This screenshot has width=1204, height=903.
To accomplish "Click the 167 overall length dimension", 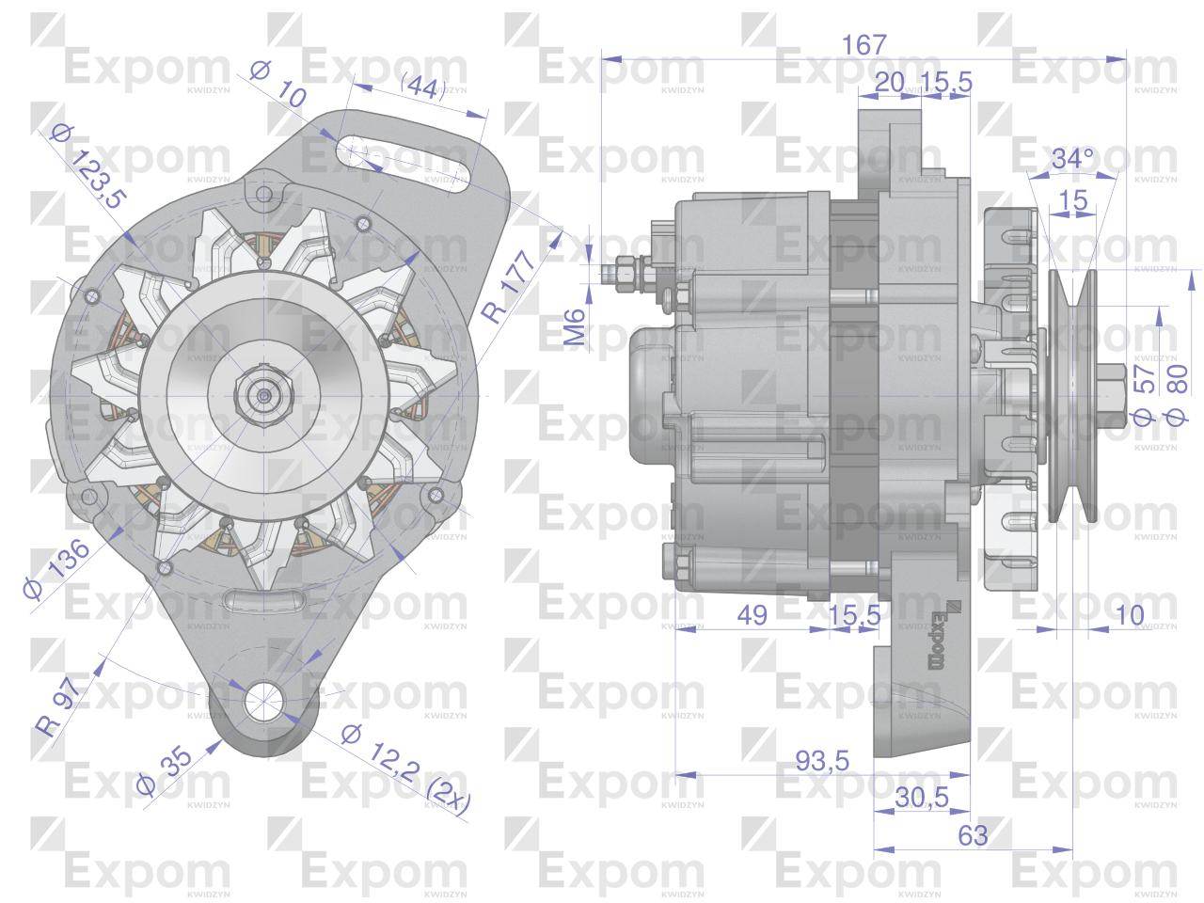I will pos(863,44).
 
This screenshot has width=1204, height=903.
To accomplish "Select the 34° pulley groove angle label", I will pos(1072,159).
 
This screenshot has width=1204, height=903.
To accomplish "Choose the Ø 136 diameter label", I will pos(57,570).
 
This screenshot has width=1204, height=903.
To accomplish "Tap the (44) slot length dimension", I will pos(422,88).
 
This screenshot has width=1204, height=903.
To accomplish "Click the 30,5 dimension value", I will pos(920,797).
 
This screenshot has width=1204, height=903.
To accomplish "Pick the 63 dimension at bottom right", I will pos(974,834).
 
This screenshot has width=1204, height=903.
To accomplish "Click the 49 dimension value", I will pos(751,615).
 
